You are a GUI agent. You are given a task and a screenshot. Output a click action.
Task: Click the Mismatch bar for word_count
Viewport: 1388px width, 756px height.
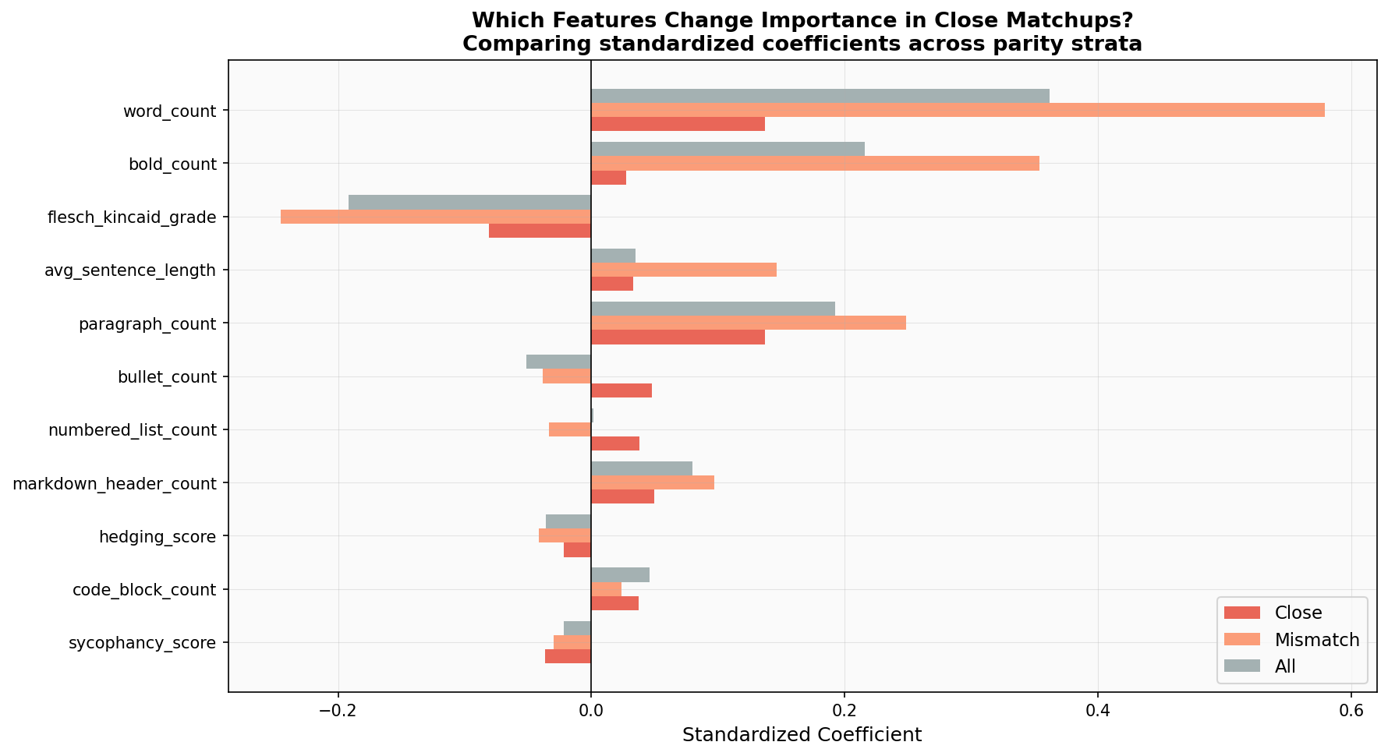(x=958, y=110)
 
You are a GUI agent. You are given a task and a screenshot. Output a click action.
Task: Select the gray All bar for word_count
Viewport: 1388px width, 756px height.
(x=820, y=96)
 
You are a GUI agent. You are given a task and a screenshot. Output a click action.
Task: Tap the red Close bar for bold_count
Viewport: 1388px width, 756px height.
(x=608, y=178)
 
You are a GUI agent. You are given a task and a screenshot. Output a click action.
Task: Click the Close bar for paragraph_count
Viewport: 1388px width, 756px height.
(x=678, y=337)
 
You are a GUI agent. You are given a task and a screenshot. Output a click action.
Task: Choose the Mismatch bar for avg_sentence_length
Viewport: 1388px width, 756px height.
(x=683, y=270)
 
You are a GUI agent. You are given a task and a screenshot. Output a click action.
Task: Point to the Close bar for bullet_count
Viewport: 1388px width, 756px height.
(x=621, y=390)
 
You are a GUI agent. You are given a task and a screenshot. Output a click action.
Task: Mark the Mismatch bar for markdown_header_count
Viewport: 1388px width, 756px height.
(x=652, y=482)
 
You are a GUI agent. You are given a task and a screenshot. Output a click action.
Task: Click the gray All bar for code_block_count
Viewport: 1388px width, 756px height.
(x=620, y=575)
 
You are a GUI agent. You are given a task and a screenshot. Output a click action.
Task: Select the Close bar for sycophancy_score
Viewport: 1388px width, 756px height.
(x=568, y=656)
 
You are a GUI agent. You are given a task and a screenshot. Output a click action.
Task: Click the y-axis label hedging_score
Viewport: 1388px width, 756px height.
(x=158, y=536)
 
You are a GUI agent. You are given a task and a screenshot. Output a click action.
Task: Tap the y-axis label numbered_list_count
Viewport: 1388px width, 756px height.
(x=132, y=430)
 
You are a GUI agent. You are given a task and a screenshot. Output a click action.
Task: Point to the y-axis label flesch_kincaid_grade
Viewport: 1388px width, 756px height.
(x=131, y=217)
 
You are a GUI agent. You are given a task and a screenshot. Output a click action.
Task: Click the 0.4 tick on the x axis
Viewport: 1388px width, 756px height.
(x=1097, y=711)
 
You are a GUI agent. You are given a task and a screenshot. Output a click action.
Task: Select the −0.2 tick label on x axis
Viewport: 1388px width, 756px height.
(x=338, y=711)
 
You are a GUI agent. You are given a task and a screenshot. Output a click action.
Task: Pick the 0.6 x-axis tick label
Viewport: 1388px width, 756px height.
(x=1351, y=711)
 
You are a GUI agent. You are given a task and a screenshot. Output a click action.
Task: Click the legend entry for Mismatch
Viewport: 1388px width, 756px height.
(x=1316, y=640)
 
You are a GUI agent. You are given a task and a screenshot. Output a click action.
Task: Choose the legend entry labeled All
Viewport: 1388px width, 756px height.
(x=1284, y=666)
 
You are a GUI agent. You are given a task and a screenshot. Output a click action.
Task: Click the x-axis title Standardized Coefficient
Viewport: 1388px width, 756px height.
(x=802, y=735)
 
